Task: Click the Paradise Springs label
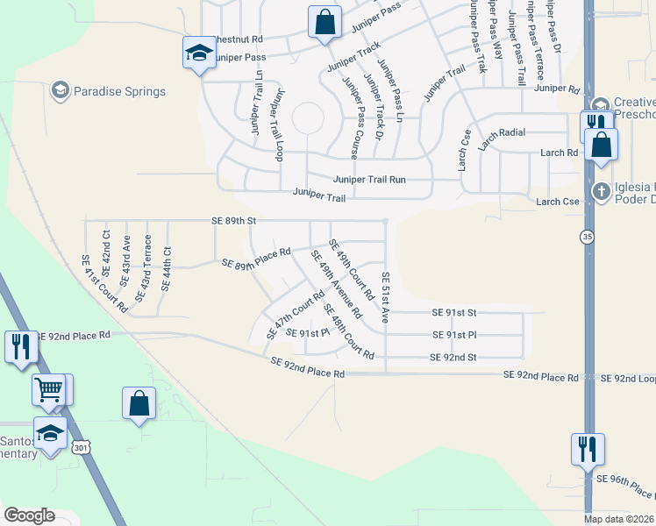point(119,91)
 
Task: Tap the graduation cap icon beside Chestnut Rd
point(199,53)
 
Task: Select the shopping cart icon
point(49,389)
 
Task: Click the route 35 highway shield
point(585,236)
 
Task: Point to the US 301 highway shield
point(81,449)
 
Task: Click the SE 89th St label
point(233,221)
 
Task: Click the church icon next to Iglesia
point(601,190)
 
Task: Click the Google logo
point(29,515)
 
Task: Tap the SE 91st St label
point(453,312)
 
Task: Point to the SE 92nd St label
point(453,357)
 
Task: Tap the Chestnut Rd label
point(237,39)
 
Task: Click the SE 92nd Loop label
point(628,378)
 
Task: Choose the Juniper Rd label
point(557,88)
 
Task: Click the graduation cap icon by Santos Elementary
point(50,433)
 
